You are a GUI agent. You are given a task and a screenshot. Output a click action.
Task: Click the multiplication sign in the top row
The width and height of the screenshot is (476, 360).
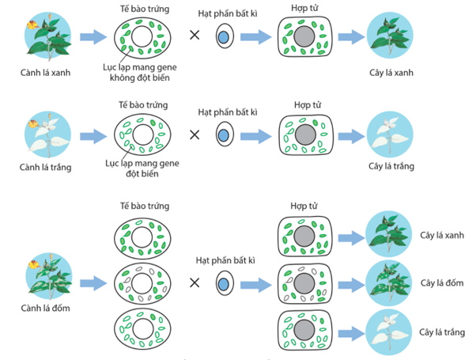(194, 36)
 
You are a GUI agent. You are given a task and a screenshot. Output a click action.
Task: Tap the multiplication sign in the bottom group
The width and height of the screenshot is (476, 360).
(194, 282)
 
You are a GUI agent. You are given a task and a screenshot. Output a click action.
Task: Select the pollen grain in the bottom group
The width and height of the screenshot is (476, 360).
(224, 283)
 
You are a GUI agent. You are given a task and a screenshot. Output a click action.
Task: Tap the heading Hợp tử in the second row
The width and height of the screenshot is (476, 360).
(304, 104)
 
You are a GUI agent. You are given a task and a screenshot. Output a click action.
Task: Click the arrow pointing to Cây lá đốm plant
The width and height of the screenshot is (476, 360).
(349, 282)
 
